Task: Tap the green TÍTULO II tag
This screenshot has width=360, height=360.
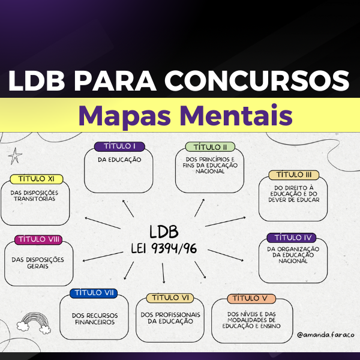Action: tap(206, 147)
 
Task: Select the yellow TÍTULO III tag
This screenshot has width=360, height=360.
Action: tap(293, 175)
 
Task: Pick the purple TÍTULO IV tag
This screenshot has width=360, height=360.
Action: tap(290, 238)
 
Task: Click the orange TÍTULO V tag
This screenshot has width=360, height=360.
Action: tap(251, 298)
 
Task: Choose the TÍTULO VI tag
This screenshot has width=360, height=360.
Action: tap(170, 298)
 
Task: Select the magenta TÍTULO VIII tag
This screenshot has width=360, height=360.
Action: tap(38, 240)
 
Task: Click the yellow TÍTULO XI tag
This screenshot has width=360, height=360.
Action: tap(37, 179)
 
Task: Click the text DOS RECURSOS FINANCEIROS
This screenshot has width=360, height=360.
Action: tap(94, 318)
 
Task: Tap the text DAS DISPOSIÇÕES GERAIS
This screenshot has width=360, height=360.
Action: tap(38, 263)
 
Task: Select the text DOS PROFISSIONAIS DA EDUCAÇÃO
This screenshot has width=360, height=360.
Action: tap(170, 317)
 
